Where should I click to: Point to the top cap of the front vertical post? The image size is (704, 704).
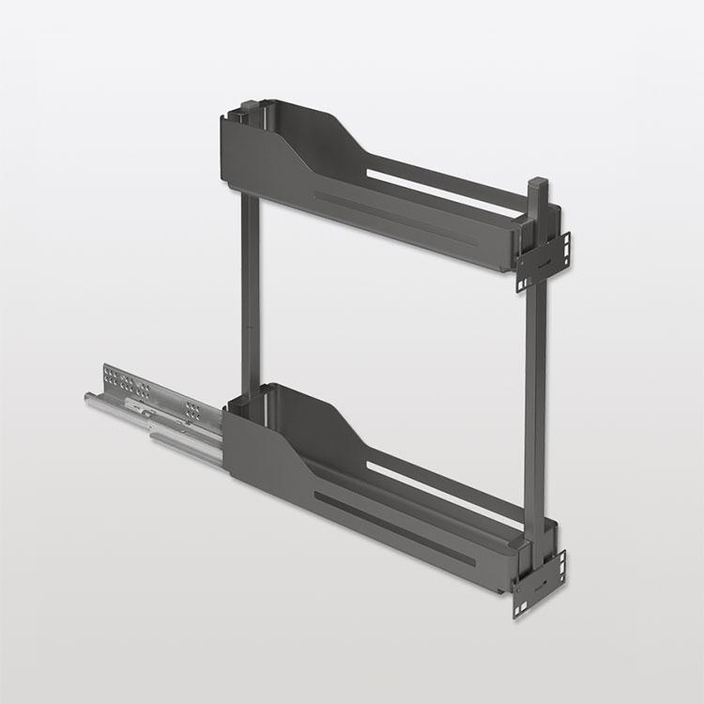537,182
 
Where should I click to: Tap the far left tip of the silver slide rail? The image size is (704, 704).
89,398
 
